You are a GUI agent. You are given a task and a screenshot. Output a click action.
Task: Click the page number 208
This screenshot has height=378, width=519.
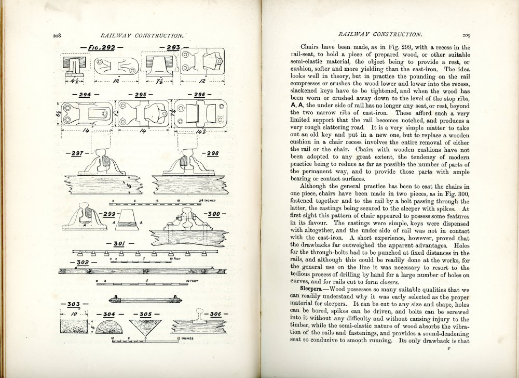tap(57, 36)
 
